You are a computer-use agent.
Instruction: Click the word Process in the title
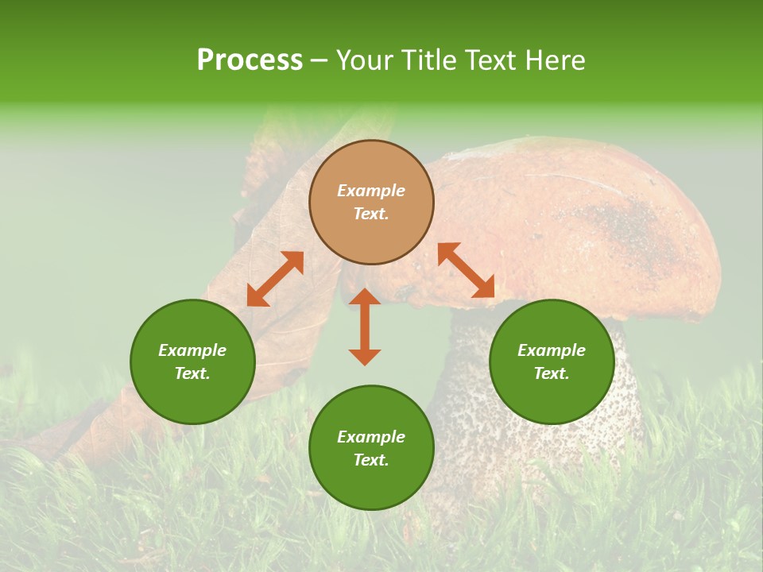tap(250, 60)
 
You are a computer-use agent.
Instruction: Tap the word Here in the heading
tap(553, 60)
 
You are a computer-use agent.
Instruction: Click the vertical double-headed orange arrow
tap(365, 327)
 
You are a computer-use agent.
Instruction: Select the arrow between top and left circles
tap(275, 279)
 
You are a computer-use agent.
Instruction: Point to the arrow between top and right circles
tap(466, 270)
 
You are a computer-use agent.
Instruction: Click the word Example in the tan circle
tap(371, 191)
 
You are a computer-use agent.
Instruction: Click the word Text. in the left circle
tap(192, 373)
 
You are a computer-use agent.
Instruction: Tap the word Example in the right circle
tap(552, 350)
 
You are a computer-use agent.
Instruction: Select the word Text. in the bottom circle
tap(371, 460)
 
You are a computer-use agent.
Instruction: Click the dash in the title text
tap(320, 60)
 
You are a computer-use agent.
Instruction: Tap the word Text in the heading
tap(490, 60)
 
